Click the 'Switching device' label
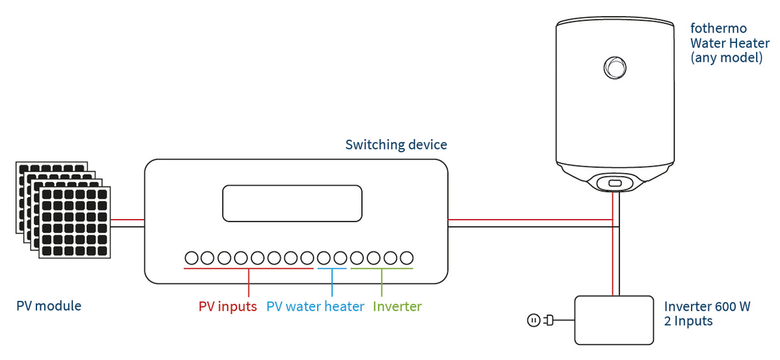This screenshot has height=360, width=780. (x=396, y=144)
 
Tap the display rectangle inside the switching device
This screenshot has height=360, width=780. (x=292, y=203)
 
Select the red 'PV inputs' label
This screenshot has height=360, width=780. (x=227, y=307)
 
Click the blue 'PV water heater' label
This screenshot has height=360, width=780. (x=315, y=307)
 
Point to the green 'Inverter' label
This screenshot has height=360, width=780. (x=397, y=307)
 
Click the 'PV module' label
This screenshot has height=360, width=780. (x=49, y=305)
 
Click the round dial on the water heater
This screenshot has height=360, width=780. (x=614, y=66)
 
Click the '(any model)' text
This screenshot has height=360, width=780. (x=726, y=58)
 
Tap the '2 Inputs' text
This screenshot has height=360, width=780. (x=688, y=321)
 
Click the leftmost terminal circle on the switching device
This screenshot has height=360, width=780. (x=191, y=258)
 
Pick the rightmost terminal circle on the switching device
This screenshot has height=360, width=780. (x=407, y=258)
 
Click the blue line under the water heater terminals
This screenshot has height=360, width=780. (x=332, y=268)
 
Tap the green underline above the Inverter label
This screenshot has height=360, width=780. (x=382, y=268)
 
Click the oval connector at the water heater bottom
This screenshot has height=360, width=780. (x=614, y=183)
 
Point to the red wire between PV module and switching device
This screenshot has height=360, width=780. (x=127, y=220)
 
